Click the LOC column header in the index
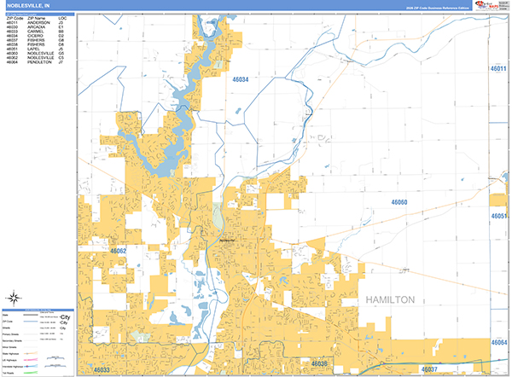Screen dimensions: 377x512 [62, 16]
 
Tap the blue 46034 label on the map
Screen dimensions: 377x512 [241, 79]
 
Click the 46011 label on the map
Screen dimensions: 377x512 [499, 68]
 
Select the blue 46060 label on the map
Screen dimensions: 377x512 [399, 202]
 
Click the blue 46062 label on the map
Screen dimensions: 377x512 [119, 251]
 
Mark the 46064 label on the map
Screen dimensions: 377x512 [499, 342]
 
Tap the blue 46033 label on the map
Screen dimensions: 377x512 [102, 369]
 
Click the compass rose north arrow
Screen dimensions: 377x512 [15, 298]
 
